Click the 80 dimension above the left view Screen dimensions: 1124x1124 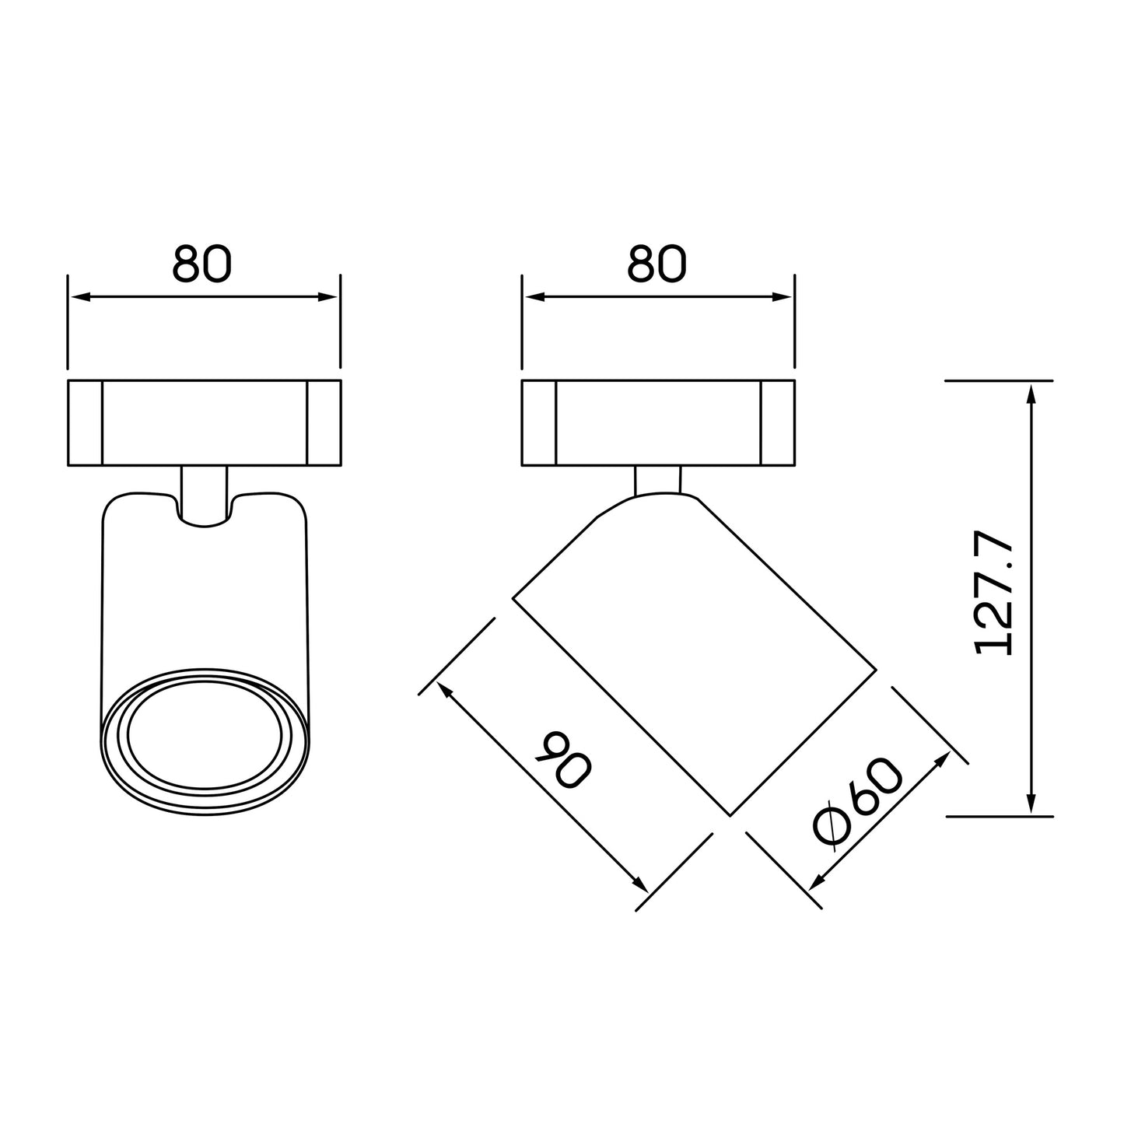coord(201,263)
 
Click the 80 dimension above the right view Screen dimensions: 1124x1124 coord(657,263)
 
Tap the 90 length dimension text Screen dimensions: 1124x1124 coord(563,759)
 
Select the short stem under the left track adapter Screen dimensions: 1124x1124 coord(204,495)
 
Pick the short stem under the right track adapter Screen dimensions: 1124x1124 coord(658,481)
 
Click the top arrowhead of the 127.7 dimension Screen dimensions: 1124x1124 coord(1031,394)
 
